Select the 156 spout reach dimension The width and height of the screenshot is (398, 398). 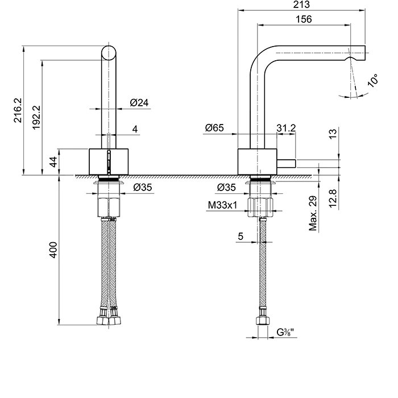coord(305,19)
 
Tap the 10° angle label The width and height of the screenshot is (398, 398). coord(373,80)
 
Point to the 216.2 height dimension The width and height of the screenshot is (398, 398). coord(17,110)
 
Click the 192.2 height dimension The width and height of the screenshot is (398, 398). coord(36,116)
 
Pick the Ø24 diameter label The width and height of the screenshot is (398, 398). coord(139,102)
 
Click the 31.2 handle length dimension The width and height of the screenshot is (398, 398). coord(286,129)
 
